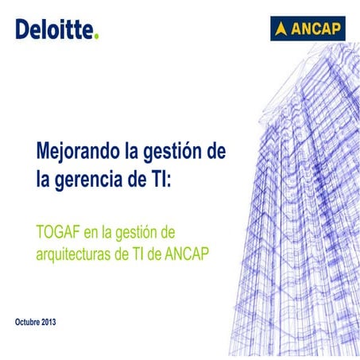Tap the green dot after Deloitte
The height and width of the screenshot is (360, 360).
click(x=97, y=36)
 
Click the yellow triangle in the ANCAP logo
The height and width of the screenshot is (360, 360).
click(x=281, y=30)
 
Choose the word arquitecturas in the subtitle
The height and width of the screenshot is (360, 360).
click(x=75, y=254)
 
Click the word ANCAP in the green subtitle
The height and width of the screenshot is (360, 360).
click(x=196, y=254)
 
